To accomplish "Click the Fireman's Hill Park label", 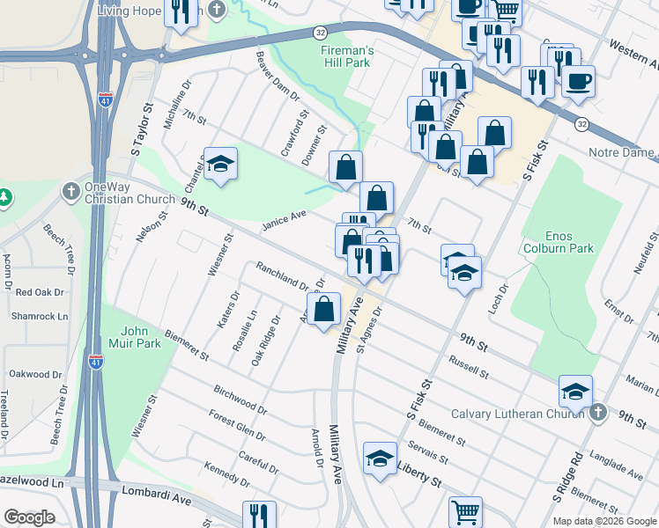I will (346, 58).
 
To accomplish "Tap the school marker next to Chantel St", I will (220, 164).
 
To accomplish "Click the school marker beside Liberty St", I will (380, 458).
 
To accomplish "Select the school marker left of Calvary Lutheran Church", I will (575, 390).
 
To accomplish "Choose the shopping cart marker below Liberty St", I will (466, 511).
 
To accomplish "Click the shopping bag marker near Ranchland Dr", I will (323, 309).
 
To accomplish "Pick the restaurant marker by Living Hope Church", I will (181, 12).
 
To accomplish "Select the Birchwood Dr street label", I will (240, 399).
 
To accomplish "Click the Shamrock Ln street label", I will (40, 317).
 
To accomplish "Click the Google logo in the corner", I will (30, 517).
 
